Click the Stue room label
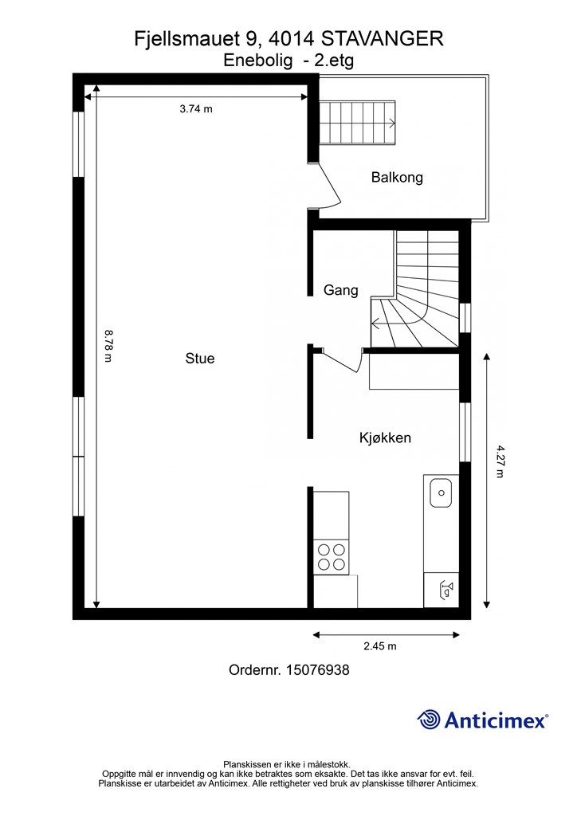coord(200,358)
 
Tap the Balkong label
coord(397,178)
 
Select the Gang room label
coord(341,290)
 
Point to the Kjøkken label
coord(385,437)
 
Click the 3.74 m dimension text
coord(196,108)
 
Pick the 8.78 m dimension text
coord(108,346)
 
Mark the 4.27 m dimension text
coord(500,461)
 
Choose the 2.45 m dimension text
coord(380,646)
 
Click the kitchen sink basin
coord(441,492)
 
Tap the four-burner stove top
coord(332,557)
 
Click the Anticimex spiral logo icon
coord(429,720)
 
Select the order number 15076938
coord(317,669)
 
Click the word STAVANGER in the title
coord(382,39)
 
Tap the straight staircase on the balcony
coord(357,123)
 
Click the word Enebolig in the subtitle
coord(257,61)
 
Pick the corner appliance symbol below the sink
coord(442,590)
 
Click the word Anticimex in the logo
coord(495,720)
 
